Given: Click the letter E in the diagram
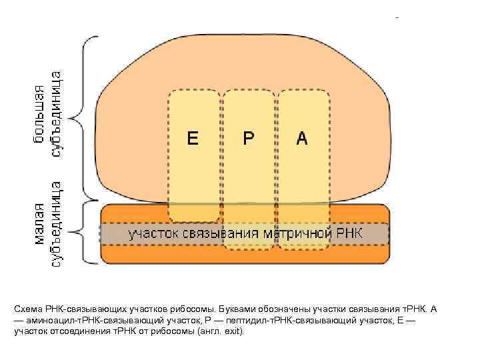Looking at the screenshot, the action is point(193,139).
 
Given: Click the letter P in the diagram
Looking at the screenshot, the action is point(248,139).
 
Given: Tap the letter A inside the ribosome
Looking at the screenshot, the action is point(302,139).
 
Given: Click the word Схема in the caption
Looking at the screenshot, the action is point(29,310).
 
